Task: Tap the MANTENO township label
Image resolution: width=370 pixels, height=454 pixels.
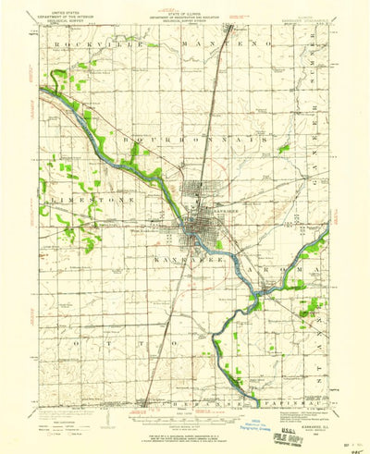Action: (237, 43)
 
